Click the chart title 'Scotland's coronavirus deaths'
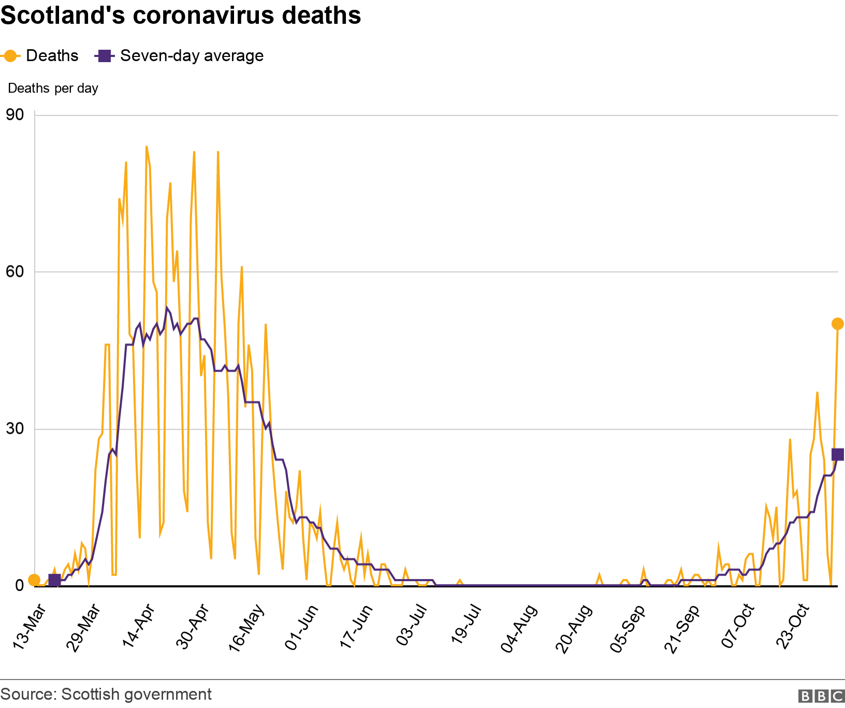pos(181,16)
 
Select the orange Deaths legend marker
pos(10,56)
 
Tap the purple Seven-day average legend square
pos(105,56)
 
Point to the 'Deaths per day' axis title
pos(53,89)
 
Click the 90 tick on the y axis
pos(15,114)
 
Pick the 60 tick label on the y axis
pos(15,272)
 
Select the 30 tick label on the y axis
pos(15,429)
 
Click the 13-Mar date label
pos(31,627)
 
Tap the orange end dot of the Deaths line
pos(837,324)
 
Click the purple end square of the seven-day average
pos(838,454)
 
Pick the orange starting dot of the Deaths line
pos(34,580)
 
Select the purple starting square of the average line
pos(54,581)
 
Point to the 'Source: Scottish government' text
pos(106,695)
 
